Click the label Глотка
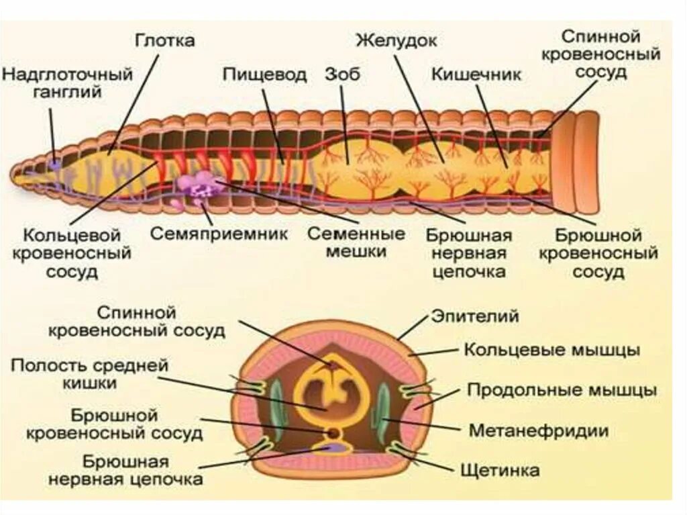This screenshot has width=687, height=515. (x=165, y=42)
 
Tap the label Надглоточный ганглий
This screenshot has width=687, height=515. (x=67, y=82)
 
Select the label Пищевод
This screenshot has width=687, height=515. (x=264, y=73)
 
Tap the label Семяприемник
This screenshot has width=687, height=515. (x=219, y=234)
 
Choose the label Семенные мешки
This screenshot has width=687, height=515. (x=356, y=243)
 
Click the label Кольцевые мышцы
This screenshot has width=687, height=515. (x=551, y=350)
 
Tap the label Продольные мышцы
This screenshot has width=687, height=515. (x=562, y=390)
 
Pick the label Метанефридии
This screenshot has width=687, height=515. (x=538, y=430)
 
